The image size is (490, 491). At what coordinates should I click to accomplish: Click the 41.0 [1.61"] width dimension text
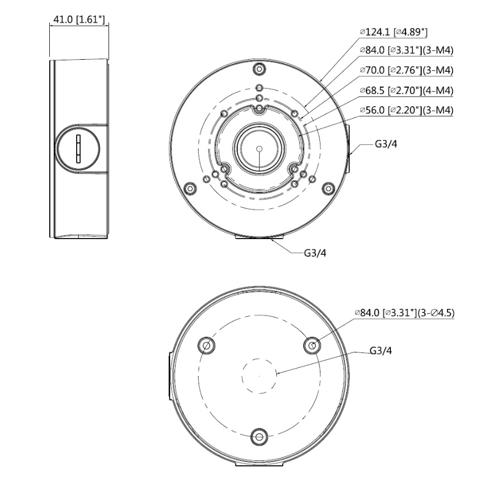[78, 20]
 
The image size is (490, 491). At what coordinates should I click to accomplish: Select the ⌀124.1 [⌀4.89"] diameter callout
[397, 32]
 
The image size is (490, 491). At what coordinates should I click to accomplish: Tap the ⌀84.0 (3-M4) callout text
[406, 50]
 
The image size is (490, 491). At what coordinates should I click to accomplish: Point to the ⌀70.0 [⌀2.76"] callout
[406, 70]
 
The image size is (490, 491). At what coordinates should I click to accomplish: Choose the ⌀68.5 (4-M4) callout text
[406, 90]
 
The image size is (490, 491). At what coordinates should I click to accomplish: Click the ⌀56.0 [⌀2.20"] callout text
[406, 110]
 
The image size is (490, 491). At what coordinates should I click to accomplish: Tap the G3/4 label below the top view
[315, 252]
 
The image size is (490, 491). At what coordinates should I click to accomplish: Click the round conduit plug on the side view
[78, 149]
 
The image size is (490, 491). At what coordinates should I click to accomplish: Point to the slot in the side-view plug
[78, 149]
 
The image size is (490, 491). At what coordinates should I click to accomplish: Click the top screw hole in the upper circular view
[258, 69]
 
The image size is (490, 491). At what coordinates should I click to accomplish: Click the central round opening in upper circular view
[259, 149]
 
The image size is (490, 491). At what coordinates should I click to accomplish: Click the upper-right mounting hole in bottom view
[312, 346]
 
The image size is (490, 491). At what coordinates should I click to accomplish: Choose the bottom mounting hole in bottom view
[259, 436]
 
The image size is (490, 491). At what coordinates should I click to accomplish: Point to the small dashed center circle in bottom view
[259, 376]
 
